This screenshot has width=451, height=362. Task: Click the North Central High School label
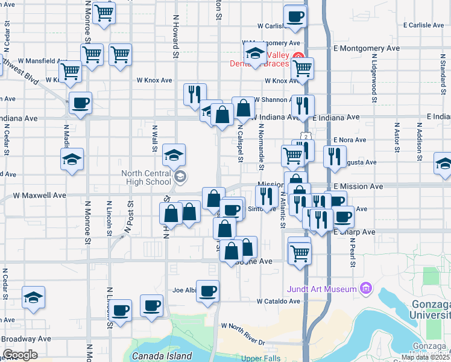pyautogui.click(x=147, y=177)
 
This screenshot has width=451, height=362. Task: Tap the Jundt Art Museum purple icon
pyautogui.click(x=365, y=289)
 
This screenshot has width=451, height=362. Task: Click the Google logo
pyautogui.click(x=20, y=355)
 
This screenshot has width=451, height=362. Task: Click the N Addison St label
pyautogui.click(x=418, y=139)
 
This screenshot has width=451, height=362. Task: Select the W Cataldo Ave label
pyautogui.click(x=278, y=300)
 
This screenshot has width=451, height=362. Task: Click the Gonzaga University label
pyautogui.click(x=429, y=310)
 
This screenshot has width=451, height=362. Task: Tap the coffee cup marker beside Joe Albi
pyautogui.click(x=208, y=291)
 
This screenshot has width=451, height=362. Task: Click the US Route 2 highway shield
pyautogui.click(x=307, y=138)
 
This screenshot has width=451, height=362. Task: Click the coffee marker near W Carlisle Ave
pyautogui.click(x=295, y=17)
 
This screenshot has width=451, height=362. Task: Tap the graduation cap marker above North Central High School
pyautogui.click(x=174, y=155)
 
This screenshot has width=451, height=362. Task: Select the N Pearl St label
pyautogui.click(x=353, y=247)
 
